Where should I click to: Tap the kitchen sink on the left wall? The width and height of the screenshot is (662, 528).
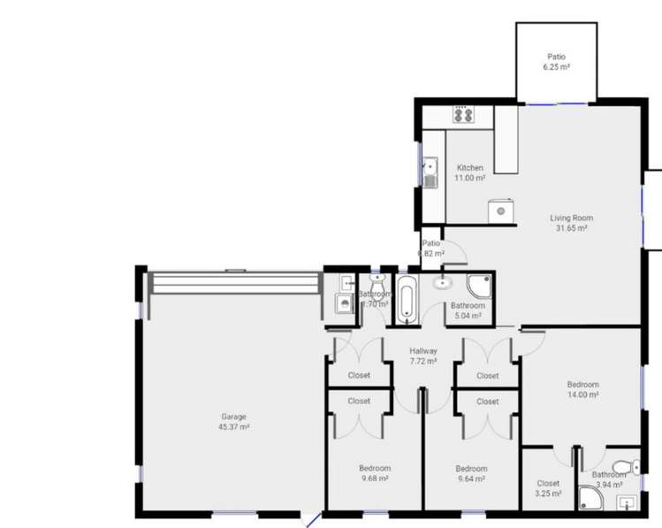(x=430, y=173)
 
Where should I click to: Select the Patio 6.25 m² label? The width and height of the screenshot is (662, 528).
(x=556, y=60)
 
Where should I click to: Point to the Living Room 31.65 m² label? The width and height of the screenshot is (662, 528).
(x=571, y=223)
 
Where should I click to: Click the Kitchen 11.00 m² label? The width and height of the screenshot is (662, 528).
(x=469, y=172)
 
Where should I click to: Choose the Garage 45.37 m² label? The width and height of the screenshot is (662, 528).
(x=233, y=422)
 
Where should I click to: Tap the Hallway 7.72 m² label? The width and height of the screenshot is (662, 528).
(x=423, y=356)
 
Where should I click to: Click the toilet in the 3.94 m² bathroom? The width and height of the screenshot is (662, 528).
(x=624, y=466)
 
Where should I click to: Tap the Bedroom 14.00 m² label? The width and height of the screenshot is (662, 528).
(x=582, y=390)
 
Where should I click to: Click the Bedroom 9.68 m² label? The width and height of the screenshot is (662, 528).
(x=374, y=473)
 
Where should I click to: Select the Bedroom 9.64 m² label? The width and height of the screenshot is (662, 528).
(x=471, y=473)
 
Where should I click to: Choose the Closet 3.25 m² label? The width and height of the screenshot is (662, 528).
(x=548, y=488)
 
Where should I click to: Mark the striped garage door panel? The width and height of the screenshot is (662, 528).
(x=235, y=283)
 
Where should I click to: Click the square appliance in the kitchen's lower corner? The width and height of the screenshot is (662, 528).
(x=501, y=211)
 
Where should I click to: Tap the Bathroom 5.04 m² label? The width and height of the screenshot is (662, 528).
(x=467, y=310)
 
